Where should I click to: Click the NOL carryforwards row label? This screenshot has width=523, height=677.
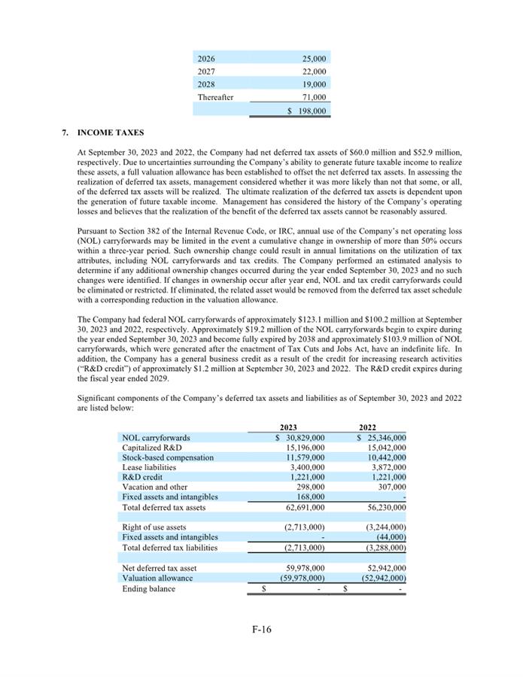(156, 438)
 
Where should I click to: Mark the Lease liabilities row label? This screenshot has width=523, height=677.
(149, 467)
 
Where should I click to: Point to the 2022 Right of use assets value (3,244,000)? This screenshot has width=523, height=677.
(383, 527)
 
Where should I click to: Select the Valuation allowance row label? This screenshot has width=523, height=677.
(157, 578)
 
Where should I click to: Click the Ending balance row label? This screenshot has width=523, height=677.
(148, 588)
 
